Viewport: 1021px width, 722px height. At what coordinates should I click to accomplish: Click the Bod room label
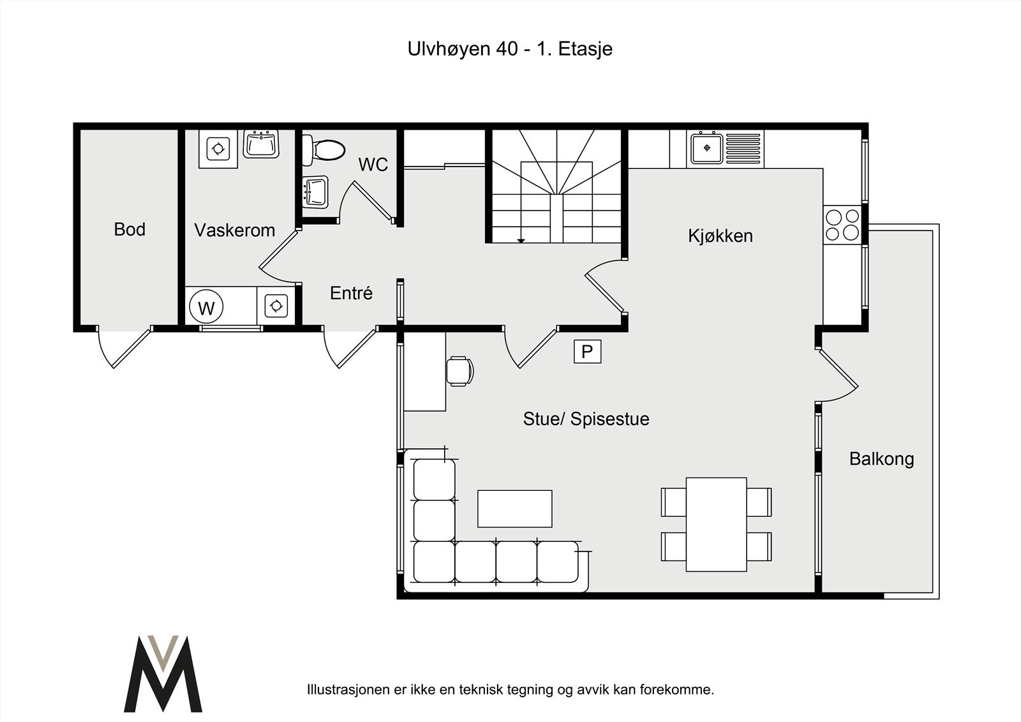pyautogui.click(x=130, y=229)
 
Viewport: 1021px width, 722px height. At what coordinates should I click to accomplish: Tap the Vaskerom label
pyautogui.click(x=234, y=230)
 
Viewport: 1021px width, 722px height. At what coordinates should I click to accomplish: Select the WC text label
pyautogui.click(x=373, y=165)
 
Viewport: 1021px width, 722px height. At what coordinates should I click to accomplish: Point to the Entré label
pyautogui.click(x=351, y=293)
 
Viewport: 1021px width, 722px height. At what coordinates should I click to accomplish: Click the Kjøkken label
pyautogui.click(x=720, y=236)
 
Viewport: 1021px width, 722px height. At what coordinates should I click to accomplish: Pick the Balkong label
pyautogui.click(x=881, y=459)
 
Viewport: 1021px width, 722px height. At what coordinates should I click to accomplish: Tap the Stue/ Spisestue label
pyautogui.click(x=586, y=419)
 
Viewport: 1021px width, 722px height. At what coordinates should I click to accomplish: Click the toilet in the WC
pyautogui.click(x=323, y=149)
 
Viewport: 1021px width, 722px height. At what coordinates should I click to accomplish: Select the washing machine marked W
pyautogui.click(x=206, y=308)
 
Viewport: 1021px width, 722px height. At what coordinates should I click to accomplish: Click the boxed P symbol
pyautogui.click(x=587, y=352)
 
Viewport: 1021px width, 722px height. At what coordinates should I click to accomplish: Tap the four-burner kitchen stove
pyautogui.click(x=842, y=225)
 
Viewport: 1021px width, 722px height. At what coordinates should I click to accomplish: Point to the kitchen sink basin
pyautogui.click(x=706, y=148)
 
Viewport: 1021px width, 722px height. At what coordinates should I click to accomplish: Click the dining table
pyautogui.click(x=716, y=525)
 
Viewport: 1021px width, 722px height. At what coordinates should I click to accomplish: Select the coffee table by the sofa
pyautogui.click(x=514, y=509)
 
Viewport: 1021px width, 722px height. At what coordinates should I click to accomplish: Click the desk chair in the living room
pyautogui.click(x=459, y=372)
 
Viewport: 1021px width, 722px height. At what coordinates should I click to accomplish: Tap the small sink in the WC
pyautogui.click(x=315, y=192)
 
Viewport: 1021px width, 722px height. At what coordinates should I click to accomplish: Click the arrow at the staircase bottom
pyautogui.click(x=521, y=241)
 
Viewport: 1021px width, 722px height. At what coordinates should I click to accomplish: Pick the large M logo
pyautogui.click(x=163, y=673)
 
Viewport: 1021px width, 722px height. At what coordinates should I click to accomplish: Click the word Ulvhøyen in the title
pyautogui.click(x=449, y=49)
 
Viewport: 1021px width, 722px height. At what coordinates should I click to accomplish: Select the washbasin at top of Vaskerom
pyautogui.click(x=261, y=144)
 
